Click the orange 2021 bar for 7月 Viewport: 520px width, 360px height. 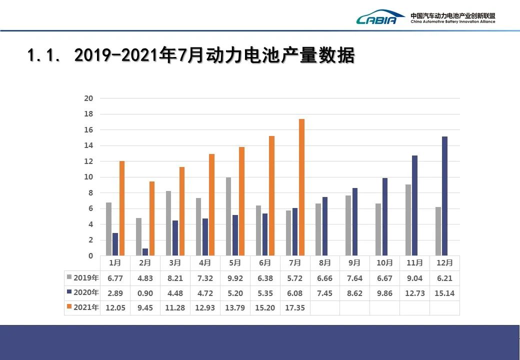click(301, 187)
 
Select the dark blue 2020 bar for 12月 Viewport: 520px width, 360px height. click(444, 196)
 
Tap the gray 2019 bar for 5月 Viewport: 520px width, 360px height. click(228, 216)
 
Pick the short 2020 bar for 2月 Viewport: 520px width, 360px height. click(145, 252)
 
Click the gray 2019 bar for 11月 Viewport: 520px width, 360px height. click(408, 220)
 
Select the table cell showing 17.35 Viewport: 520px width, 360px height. click(295, 307)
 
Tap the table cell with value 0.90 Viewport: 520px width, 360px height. click(145, 293)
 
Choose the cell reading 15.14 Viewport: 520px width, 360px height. click(444, 293)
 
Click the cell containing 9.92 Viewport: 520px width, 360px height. click(235, 278)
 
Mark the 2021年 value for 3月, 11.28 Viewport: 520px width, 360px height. click(175, 307)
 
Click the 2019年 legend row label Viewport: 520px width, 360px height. click(82, 278)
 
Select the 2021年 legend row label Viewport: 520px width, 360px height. click(82, 307)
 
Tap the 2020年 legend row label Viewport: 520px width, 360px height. click(82, 293)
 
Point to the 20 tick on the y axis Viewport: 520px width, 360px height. click(88, 98)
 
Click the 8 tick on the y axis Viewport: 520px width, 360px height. click(90, 193)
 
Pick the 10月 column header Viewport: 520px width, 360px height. click(384, 263)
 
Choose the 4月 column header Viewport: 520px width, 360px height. click(205, 263)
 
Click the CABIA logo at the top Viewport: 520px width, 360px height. click(380, 18)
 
